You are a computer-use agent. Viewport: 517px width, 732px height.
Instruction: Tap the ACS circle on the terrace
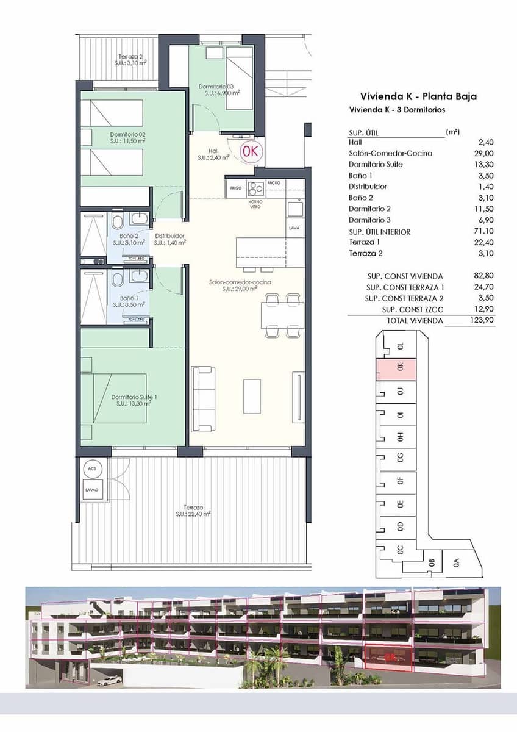92,468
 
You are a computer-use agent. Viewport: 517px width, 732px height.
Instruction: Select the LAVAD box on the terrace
92,490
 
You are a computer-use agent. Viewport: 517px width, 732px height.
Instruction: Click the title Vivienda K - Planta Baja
418,96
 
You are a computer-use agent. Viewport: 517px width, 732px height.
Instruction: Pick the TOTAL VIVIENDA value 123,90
482,320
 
